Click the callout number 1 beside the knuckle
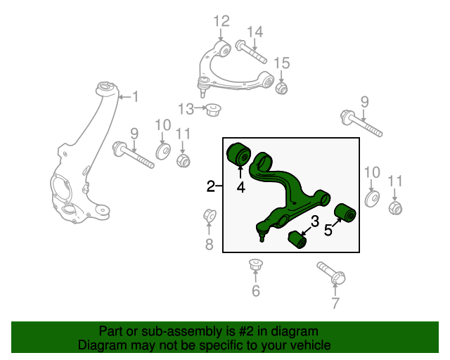click(x=135, y=96)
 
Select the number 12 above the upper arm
click(x=221, y=21)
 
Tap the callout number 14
click(x=255, y=32)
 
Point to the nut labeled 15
click(x=281, y=88)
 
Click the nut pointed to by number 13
click(x=212, y=110)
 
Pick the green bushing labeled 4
click(x=238, y=154)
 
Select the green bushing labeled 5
click(x=345, y=212)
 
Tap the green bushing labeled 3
click(x=297, y=240)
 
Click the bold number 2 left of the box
click(x=211, y=186)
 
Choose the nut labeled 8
click(x=210, y=215)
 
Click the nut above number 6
click(x=255, y=264)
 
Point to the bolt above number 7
click(x=331, y=273)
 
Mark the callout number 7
click(x=335, y=302)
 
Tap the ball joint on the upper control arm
click(x=203, y=86)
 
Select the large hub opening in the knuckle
click(x=61, y=188)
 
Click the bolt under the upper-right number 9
click(x=361, y=124)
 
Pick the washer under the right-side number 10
click(x=372, y=199)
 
